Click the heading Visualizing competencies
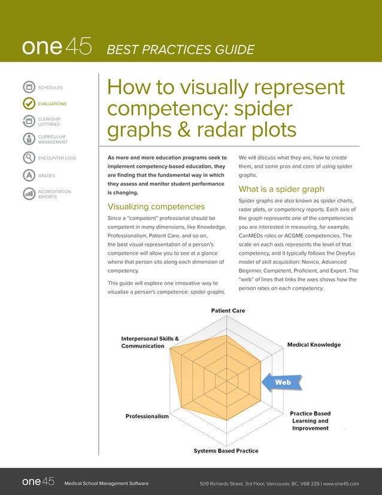[x=156, y=207]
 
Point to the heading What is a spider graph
[x=281, y=189]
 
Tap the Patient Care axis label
[x=228, y=310]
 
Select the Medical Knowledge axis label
[x=314, y=345]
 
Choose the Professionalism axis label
[x=147, y=416]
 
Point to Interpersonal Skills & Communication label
[x=150, y=342]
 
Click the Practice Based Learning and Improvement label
[x=310, y=421]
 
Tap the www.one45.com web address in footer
[x=341, y=482]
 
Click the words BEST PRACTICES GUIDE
[x=180, y=49]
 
